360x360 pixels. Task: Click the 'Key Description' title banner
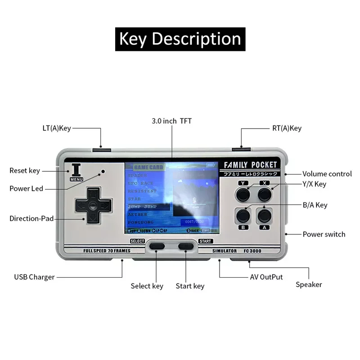coord(180,39)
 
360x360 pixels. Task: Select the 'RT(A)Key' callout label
coord(287,128)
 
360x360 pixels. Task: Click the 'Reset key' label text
coord(25,171)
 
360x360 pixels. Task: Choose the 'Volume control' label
coord(327,174)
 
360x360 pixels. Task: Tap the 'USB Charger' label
coord(34,277)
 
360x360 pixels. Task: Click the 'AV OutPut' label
coord(266,277)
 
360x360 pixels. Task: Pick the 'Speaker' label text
coord(309,284)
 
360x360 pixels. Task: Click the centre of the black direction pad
coord(92,206)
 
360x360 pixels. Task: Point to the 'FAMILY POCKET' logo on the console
coord(248,165)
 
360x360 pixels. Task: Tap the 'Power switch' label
coord(324,234)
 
